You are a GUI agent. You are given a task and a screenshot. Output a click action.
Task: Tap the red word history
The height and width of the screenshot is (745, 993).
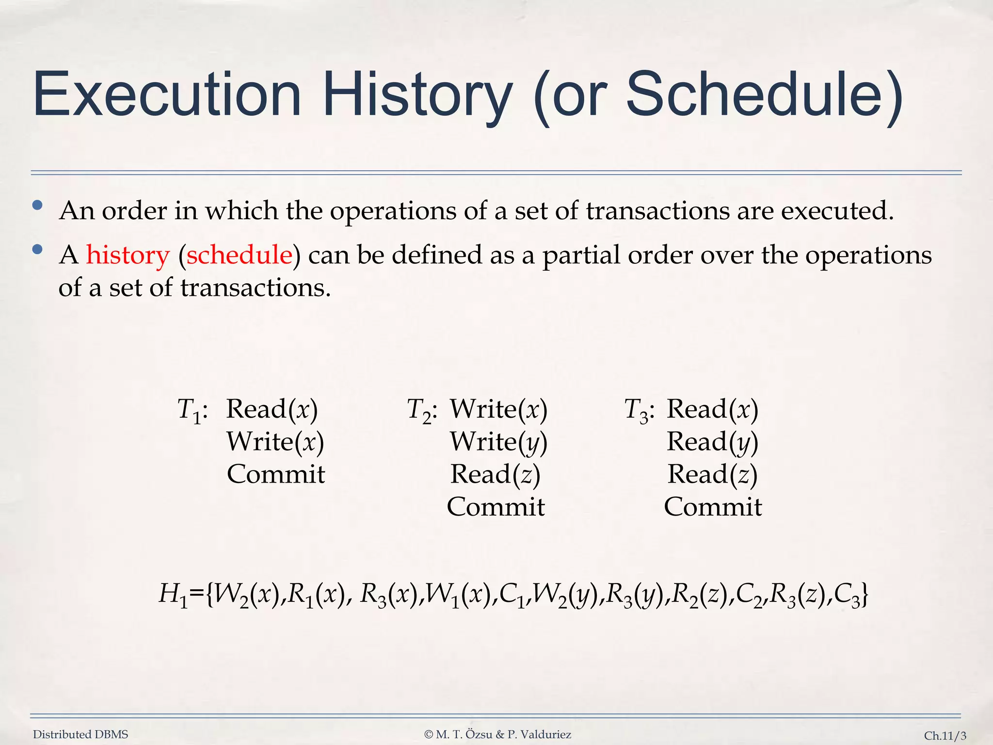(x=128, y=255)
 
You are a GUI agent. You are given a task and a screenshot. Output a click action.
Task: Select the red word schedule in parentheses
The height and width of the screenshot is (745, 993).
(x=240, y=255)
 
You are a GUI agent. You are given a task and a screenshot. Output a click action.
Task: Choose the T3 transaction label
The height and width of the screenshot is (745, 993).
(x=639, y=410)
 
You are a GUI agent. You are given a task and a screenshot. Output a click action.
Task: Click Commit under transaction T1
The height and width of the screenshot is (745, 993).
(x=275, y=474)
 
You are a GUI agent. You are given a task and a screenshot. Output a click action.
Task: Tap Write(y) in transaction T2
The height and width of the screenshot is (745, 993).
(x=498, y=442)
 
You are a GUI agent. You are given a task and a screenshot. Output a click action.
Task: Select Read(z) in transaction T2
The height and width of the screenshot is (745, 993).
(x=495, y=474)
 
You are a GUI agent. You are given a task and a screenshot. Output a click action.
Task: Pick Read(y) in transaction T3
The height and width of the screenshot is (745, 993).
(x=712, y=442)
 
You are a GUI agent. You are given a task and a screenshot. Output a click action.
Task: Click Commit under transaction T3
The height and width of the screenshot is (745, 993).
(x=712, y=507)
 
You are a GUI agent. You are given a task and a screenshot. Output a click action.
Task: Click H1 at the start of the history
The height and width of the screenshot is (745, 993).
(x=173, y=595)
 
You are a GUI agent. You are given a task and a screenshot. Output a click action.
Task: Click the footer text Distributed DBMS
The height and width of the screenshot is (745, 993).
(x=80, y=734)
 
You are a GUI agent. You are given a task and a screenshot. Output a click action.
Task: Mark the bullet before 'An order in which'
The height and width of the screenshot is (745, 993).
(x=37, y=206)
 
